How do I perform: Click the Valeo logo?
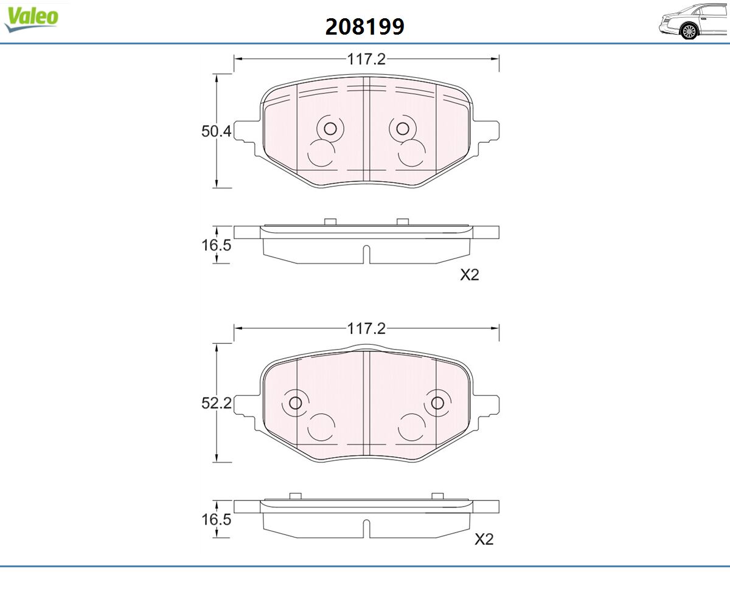click(31, 19)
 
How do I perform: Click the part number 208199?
click(364, 27)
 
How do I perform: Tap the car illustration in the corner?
click(693, 21)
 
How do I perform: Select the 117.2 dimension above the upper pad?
click(366, 59)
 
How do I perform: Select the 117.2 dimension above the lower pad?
click(366, 328)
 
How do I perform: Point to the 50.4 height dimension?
click(216, 131)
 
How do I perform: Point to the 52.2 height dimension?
click(216, 403)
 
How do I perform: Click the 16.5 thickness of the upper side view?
click(216, 245)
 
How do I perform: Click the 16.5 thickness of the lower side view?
click(216, 519)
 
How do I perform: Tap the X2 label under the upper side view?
click(470, 275)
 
